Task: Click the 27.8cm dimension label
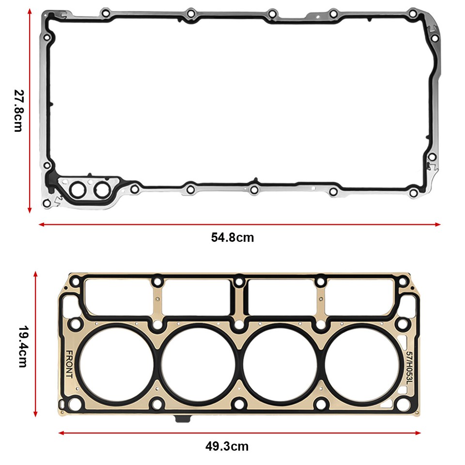pyautogui.click(x=18, y=111)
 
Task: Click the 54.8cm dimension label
pyautogui.click(x=232, y=237)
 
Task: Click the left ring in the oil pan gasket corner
pyautogui.click(x=77, y=190)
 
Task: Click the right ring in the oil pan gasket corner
pyautogui.click(x=102, y=190)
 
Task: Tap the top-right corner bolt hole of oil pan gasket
pyautogui.click(x=412, y=14)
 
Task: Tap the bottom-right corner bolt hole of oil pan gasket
pyautogui.click(x=413, y=193)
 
